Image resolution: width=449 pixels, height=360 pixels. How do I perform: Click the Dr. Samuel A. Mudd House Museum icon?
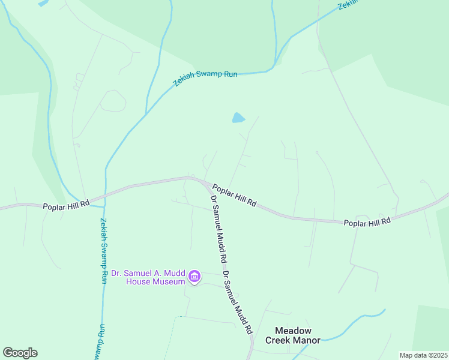click(194, 277)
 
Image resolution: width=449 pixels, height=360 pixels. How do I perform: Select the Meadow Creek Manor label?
click(293, 335)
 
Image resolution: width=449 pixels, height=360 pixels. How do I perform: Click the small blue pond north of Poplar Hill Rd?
click(238, 118)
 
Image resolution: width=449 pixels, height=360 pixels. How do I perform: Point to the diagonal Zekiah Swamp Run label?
click(205, 78)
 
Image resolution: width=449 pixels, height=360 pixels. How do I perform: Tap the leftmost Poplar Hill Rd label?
click(66, 205)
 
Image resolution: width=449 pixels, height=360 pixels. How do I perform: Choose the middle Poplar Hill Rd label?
click(234, 196)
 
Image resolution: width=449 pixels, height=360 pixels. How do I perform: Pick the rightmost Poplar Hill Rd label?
click(367, 222)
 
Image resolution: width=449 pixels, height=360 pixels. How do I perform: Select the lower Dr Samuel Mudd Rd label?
click(237, 303)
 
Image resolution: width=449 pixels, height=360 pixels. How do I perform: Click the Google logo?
click(20, 353)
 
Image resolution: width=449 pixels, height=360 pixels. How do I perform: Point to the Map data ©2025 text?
click(423, 355)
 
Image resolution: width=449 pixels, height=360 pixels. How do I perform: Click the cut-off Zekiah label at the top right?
click(348, 4)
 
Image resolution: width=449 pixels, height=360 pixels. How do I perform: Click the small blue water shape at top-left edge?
click(43, 2)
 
